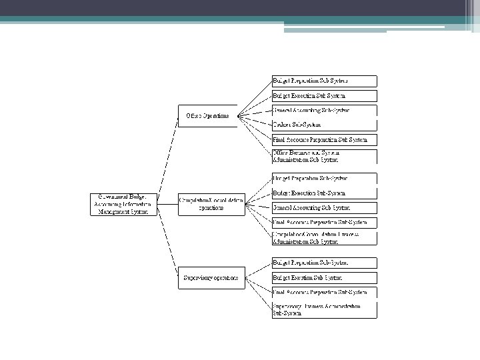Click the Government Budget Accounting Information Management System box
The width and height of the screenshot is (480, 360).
125,204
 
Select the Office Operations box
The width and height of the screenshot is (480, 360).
207,115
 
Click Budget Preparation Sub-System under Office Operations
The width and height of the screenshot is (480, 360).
323,81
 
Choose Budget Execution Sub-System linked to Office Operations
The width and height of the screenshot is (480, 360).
323,96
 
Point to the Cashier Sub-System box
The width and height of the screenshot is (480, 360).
323,125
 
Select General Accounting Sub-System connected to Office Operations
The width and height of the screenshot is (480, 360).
323,110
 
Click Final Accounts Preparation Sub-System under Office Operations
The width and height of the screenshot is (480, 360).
323,140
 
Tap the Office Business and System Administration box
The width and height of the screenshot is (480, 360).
323,156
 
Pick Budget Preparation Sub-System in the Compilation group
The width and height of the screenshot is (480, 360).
323,179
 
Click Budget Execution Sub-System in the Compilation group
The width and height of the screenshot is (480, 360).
323,193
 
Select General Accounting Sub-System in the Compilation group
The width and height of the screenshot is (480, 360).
323,208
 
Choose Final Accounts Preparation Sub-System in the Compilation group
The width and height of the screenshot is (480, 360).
323,223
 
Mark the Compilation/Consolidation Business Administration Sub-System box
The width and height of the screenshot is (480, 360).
323,238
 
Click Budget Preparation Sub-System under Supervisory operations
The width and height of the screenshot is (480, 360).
323,263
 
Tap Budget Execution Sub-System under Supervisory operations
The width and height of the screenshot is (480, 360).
323,277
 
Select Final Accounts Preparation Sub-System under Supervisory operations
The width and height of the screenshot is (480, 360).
323,292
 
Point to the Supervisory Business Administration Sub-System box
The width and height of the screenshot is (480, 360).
323,309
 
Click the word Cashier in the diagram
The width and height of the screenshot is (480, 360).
284,125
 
